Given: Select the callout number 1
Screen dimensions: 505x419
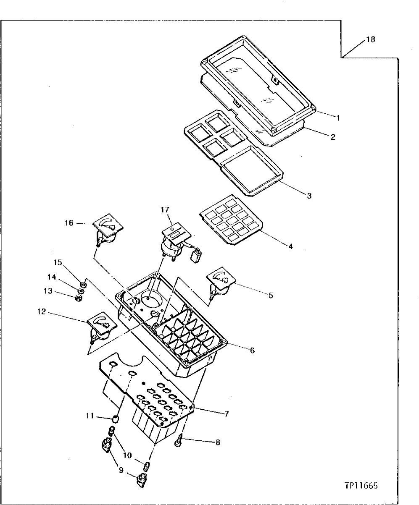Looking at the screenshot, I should [x=337, y=118].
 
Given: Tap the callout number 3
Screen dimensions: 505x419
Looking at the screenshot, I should [x=309, y=196].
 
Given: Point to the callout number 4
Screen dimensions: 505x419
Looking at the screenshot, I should [x=290, y=246].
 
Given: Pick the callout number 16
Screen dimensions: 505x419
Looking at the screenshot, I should [x=69, y=223].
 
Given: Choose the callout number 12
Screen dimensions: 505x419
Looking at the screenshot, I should [x=42, y=312].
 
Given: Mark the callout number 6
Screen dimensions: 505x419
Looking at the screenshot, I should [x=252, y=350].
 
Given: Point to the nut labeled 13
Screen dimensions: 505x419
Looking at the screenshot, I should [x=78, y=298].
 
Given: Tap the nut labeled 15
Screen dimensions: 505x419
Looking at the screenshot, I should [x=83, y=285].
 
